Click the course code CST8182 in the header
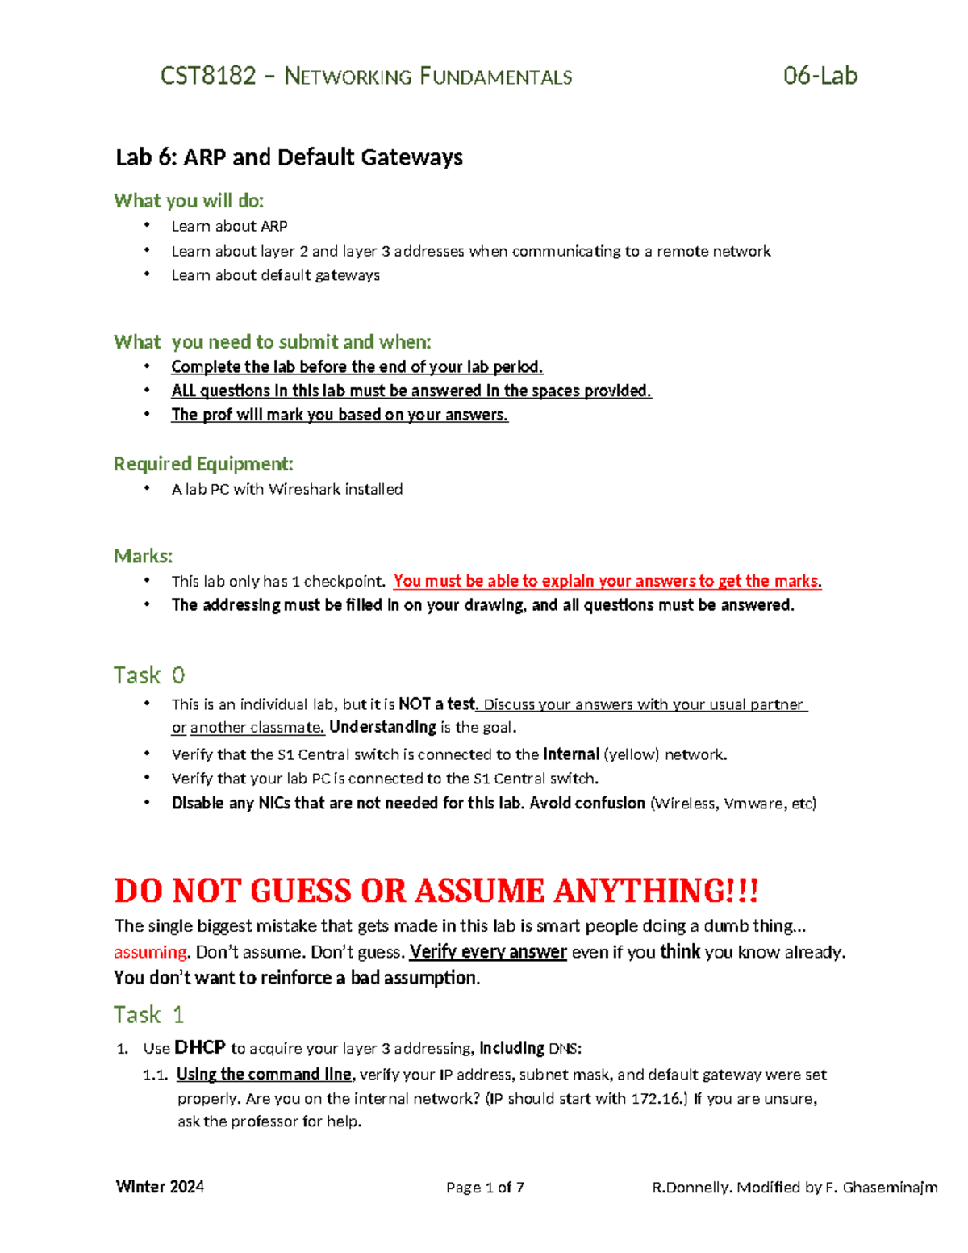click(208, 77)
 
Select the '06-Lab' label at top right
click(820, 76)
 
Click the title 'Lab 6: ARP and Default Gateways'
click(289, 157)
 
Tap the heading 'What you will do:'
click(189, 200)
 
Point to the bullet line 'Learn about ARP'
click(229, 226)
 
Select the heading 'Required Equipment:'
click(203, 463)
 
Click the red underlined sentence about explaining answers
click(607, 581)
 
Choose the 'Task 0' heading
click(149, 675)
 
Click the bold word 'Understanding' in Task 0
click(382, 727)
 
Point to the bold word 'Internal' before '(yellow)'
click(571, 754)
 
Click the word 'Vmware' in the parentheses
click(752, 804)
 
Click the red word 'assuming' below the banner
click(151, 952)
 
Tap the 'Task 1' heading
click(148, 1014)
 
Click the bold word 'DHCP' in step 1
click(200, 1048)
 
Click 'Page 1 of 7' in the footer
click(485, 1187)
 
